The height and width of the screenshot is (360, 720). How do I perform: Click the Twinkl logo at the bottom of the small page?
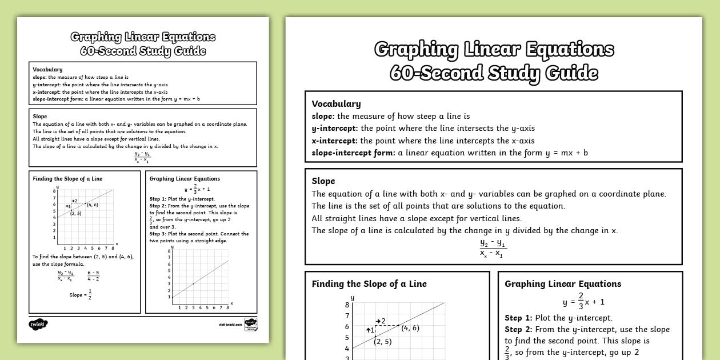pyautogui.click(x=38, y=324)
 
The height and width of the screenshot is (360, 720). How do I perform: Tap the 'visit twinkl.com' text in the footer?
pyautogui.click(x=230, y=325)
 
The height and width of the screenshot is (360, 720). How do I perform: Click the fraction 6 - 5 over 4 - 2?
pyautogui.click(x=94, y=275)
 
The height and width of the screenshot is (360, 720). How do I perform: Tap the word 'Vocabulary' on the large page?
pyautogui.click(x=336, y=104)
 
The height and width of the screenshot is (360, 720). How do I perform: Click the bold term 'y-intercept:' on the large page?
pyautogui.click(x=334, y=128)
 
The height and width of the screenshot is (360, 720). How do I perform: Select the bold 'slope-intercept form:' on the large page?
pyautogui.click(x=353, y=153)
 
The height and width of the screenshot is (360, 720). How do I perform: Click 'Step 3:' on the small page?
pyautogui.click(x=157, y=234)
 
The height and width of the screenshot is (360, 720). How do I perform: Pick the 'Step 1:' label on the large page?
pyautogui.click(x=518, y=318)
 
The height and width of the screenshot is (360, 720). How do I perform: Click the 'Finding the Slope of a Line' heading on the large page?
pyautogui.click(x=369, y=284)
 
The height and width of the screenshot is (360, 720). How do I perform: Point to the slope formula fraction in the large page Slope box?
pyautogui.click(x=493, y=249)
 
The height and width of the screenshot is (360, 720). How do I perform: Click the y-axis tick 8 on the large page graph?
pyautogui.click(x=347, y=305)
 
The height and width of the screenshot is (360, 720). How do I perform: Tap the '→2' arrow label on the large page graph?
pyautogui.click(x=380, y=321)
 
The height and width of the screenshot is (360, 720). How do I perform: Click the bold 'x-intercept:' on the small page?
pyautogui.click(x=47, y=91)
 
